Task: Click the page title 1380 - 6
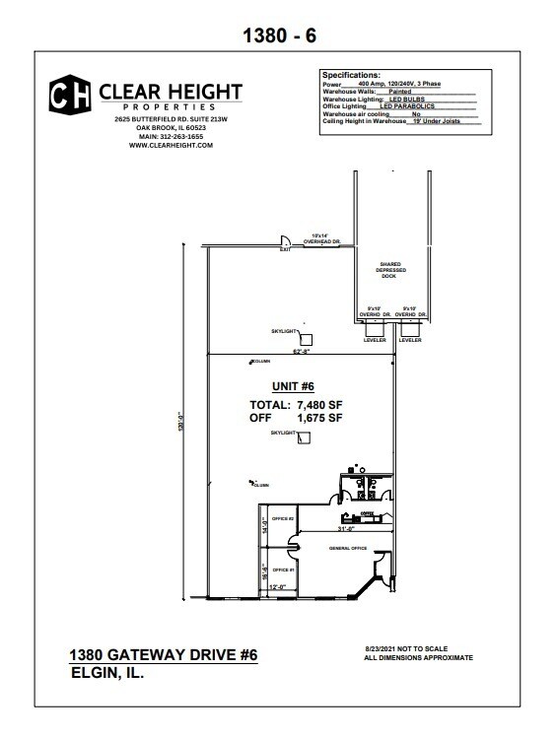pyautogui.click(x=278, y=36)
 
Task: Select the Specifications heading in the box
pyautogui.click(x=351, y=75)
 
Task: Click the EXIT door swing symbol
pyautogui.click(x=282, y=241)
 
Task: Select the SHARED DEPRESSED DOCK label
pyautogui.click(x=388, y=270)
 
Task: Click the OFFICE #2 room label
pyautogui.click(x=284, y=516)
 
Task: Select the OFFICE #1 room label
pyautogui.click(x=284, y=570)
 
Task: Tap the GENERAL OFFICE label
pyautogui.click(x=347, y=548)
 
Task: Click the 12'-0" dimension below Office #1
pyautogui.click(x=278, y=588)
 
